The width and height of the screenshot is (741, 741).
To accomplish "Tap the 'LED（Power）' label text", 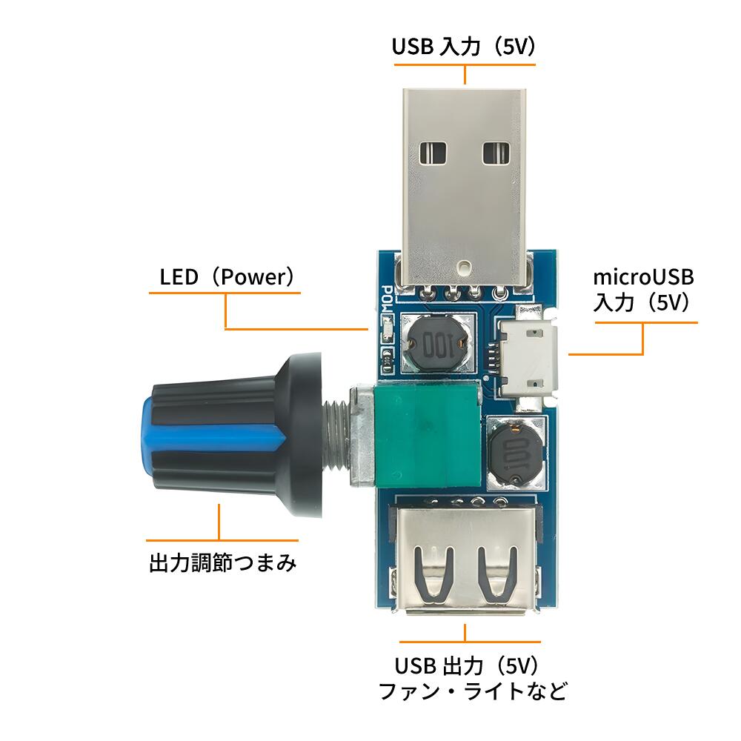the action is [x=227, y=277].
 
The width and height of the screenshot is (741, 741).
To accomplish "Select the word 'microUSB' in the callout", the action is [x=643, y=277].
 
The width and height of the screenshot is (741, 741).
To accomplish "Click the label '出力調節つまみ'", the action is [x=222, y=563].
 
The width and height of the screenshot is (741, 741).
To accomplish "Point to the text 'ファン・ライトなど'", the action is [x=473, y=691].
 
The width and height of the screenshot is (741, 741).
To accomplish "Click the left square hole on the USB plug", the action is [x=433, y=153].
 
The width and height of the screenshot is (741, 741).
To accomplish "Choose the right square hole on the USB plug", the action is [x=496, y=153].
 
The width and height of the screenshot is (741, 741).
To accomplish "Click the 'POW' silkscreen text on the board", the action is [x=387, y=299].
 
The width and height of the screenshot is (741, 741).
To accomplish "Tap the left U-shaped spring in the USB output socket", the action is [x=433, y=576].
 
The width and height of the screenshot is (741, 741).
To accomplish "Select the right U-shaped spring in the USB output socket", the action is [x=496, y=576].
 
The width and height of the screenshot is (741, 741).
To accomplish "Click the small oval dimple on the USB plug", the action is [x=464, y=267].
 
